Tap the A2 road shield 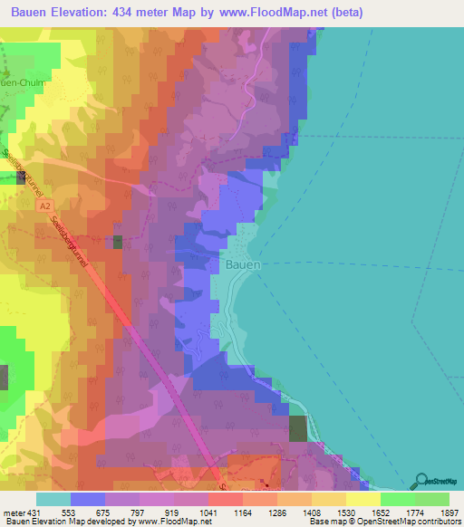[x=44, y=207]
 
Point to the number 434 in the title [x=139, y=12]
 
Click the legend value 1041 [x=209, y=512]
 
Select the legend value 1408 [x=313, y=512]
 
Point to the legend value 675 [x=106, y=512]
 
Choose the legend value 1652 [x=382, y=512]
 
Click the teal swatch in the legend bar [x=53, y=498]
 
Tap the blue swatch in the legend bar [x=88, y=498]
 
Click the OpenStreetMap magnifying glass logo [x=422, y=480]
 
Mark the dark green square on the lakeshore [x=298, y=428]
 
